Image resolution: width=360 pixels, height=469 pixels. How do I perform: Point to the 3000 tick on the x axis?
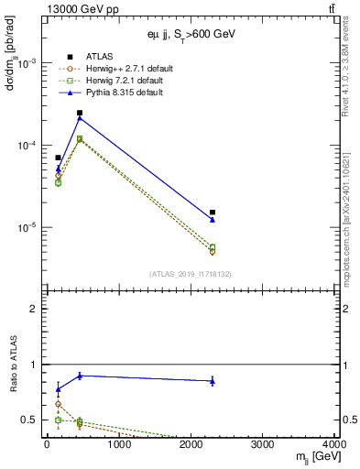click(263, 444)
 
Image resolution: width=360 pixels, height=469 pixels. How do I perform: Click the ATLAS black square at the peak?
click(80, 113)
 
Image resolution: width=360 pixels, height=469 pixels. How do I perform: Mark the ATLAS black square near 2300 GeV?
click(213, 212)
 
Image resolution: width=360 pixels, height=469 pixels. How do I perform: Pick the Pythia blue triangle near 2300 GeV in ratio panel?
click(213, 381)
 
